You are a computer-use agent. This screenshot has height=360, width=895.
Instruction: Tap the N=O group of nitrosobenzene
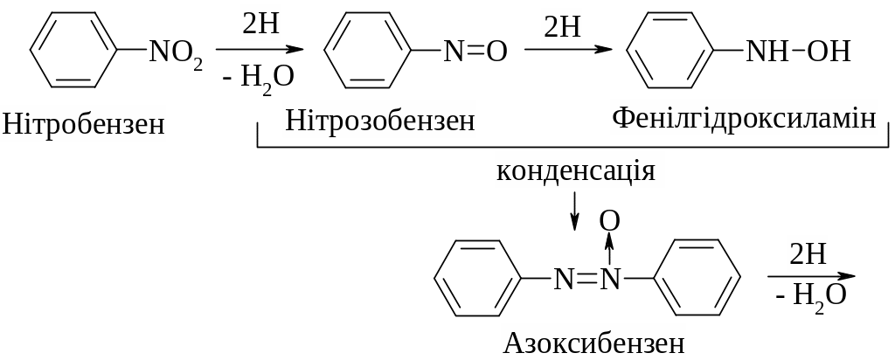(x=475, y=52)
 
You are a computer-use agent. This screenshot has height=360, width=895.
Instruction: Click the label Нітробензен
(x=83, y=124)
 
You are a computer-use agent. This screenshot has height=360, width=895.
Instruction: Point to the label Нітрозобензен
(x=379, y=121)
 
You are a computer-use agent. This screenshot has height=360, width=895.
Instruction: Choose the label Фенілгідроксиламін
(x=743, y=117)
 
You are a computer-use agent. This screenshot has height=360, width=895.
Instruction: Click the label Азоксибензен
(x=593, y=342)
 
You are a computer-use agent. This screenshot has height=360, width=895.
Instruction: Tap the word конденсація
(x=575, y=170)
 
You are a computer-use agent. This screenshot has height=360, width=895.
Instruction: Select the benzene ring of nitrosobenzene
(x=368, y=51)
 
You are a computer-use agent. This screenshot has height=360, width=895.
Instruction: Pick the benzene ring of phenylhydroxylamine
(x=671, y=51)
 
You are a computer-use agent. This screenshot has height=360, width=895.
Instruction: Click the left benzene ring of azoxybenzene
(x=478, y=278)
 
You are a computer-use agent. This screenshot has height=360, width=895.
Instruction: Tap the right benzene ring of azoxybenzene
(x=697, y=278)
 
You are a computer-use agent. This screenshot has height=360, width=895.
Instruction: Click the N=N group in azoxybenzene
(x=586, y=279)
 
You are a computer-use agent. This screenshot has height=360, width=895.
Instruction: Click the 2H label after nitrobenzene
(x=260, y=24)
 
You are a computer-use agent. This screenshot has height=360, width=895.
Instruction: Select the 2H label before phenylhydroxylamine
(x=562, y=27)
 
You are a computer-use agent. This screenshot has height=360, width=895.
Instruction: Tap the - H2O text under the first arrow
(x=258, y=77)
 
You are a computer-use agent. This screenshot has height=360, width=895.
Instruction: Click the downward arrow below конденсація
(x=574, y=211)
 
